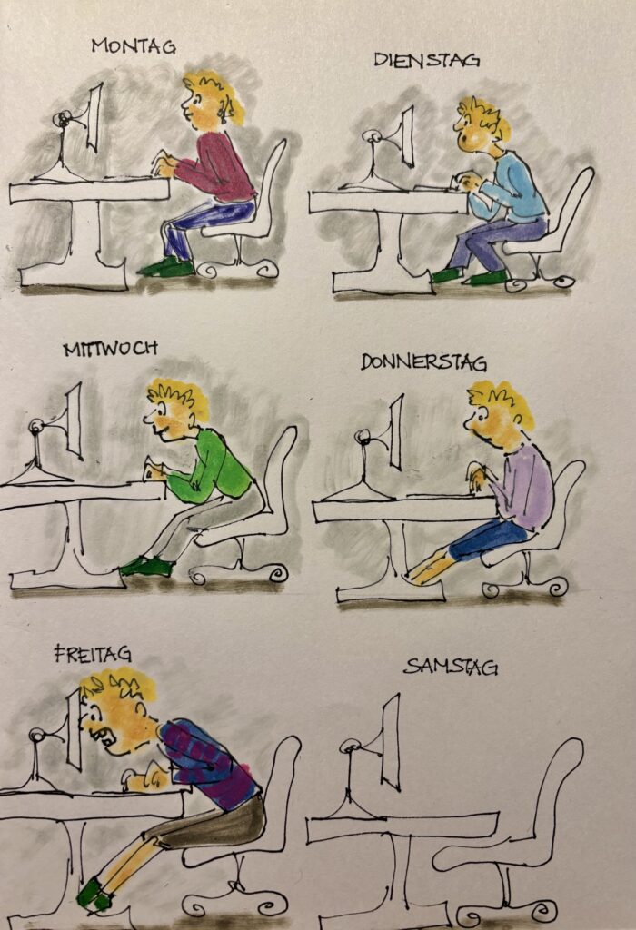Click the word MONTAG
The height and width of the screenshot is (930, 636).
point(134,46)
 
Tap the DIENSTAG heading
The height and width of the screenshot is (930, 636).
point(426,60)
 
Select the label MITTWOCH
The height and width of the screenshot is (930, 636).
point(111,348)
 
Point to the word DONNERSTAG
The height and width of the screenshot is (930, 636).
point(423,362)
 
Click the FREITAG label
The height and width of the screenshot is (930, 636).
point(93,654)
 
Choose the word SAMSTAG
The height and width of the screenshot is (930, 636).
point(451,667)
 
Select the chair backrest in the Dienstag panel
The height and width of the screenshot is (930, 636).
point(572,204)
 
